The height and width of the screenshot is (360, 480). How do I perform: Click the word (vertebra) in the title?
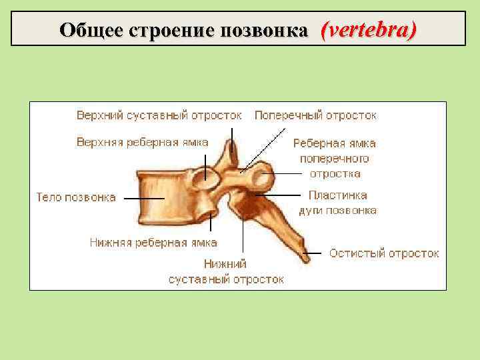tap(368, 29)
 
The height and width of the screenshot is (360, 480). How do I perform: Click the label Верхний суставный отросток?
tap(159, 115)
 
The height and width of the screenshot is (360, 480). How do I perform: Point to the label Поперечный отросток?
tap(315, 115)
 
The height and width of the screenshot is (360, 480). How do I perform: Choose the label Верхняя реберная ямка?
tap(142, 142)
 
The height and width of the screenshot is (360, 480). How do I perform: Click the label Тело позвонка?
tap(75, 197)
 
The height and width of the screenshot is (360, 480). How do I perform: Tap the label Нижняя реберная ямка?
tap(153, 243)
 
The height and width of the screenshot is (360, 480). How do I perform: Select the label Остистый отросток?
tap(384, 253)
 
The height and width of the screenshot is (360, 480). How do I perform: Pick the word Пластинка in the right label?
tap(337, 196)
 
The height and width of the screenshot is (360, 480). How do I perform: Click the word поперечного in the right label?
tap(334, 159)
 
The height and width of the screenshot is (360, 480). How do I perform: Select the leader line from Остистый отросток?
tap(317, 254)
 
